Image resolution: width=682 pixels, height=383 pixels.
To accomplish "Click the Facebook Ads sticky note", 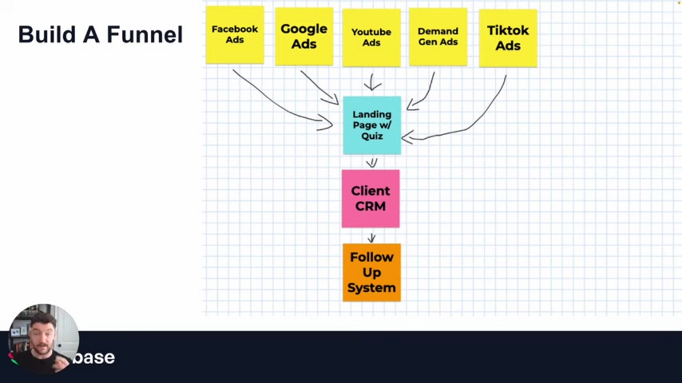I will tap(235, 35).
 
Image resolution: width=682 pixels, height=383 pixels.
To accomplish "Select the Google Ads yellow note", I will tap(304, 36).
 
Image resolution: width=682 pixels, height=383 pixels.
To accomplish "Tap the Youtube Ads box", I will tap(371, 37).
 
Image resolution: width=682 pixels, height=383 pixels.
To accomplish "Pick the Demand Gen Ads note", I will tap(438, 37).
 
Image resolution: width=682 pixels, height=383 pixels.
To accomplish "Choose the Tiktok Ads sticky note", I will tap(508, 38).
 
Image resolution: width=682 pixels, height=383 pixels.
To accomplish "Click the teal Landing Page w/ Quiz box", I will tap(372, 125).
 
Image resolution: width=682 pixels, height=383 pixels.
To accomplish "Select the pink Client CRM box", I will tap(371, 198).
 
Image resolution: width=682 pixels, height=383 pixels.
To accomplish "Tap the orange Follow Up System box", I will tap(371, 272).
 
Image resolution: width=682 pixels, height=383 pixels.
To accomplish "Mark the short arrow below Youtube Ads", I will tap(373, 82).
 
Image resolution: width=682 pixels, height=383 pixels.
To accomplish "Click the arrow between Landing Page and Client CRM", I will tap(372, 162).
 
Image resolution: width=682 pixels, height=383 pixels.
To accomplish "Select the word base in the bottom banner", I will tap(95, 357).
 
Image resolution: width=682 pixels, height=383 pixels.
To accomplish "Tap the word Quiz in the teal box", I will tap(372, 136).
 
